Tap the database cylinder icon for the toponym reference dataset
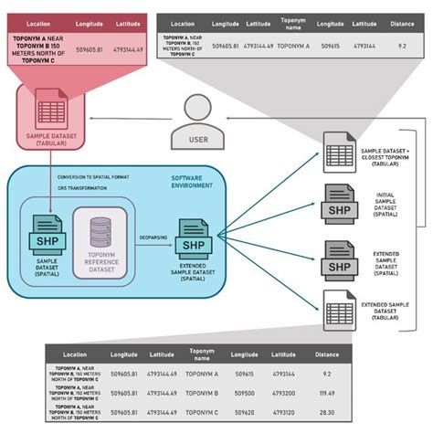[x=103, y=221]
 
